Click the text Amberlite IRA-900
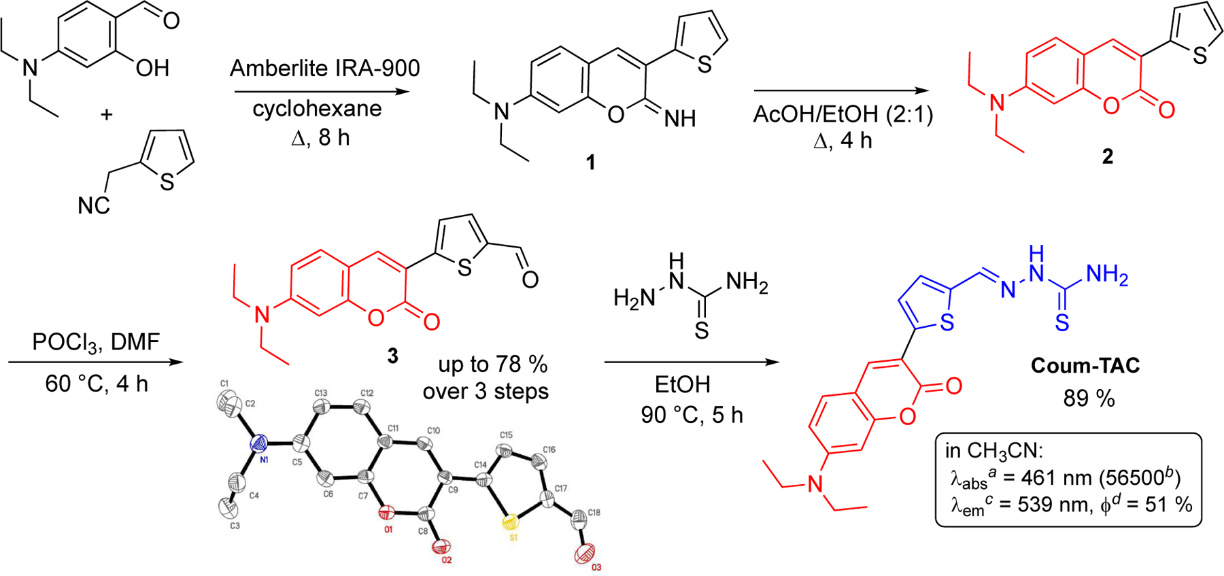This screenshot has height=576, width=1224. pyautogui.click(x=325, y=69)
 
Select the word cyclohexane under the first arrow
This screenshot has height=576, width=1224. pyautogui.click(x=317, y=109)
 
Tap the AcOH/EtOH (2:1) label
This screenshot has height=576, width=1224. pyautogui.click(x=843, y=114)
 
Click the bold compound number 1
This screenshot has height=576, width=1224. pyautogui.click(x=590, y=163)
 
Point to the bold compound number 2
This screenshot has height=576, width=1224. pyautogui.click(x=1108, y=156)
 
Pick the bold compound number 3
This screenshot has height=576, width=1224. pyautogui.click(x=392, y=356)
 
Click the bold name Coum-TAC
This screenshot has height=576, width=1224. pyautogui.click(x=1085, y=366)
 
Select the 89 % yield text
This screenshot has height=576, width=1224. pyautogui.click(x=1089, y=399)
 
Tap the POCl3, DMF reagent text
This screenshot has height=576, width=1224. pyautogui.click(x=96, y=342)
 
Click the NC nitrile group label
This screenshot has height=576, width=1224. pyautogui.click(x=94, y=205)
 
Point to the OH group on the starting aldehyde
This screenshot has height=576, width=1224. pyautogui.click(x=152, y=68)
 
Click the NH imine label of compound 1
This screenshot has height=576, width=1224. pyautogui.click(x=680, y=119)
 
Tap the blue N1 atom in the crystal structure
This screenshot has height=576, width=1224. pyautogui.click(x=259, y=445)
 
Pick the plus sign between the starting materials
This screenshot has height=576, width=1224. pyautogui.click(x=106, y=115)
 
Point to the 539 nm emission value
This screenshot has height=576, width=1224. pyautogui.click(x=1041, y=505)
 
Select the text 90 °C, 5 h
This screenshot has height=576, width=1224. pyautogui.click(x=692, y=415)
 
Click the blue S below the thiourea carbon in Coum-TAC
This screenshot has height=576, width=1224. pyautogui.click(x=1061, y=323)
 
